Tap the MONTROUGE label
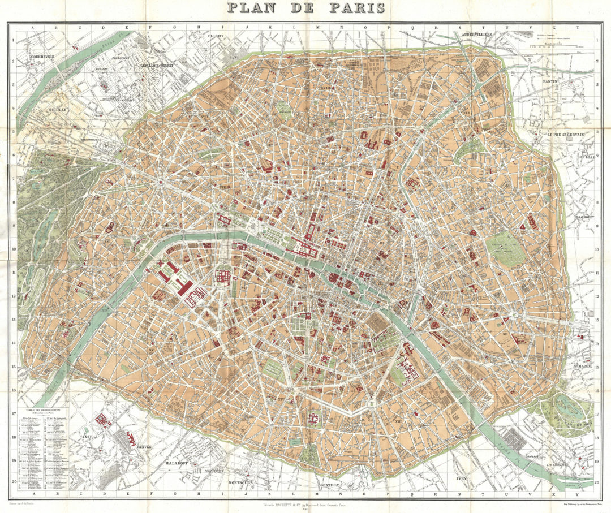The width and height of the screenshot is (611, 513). [x=244, y=482]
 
